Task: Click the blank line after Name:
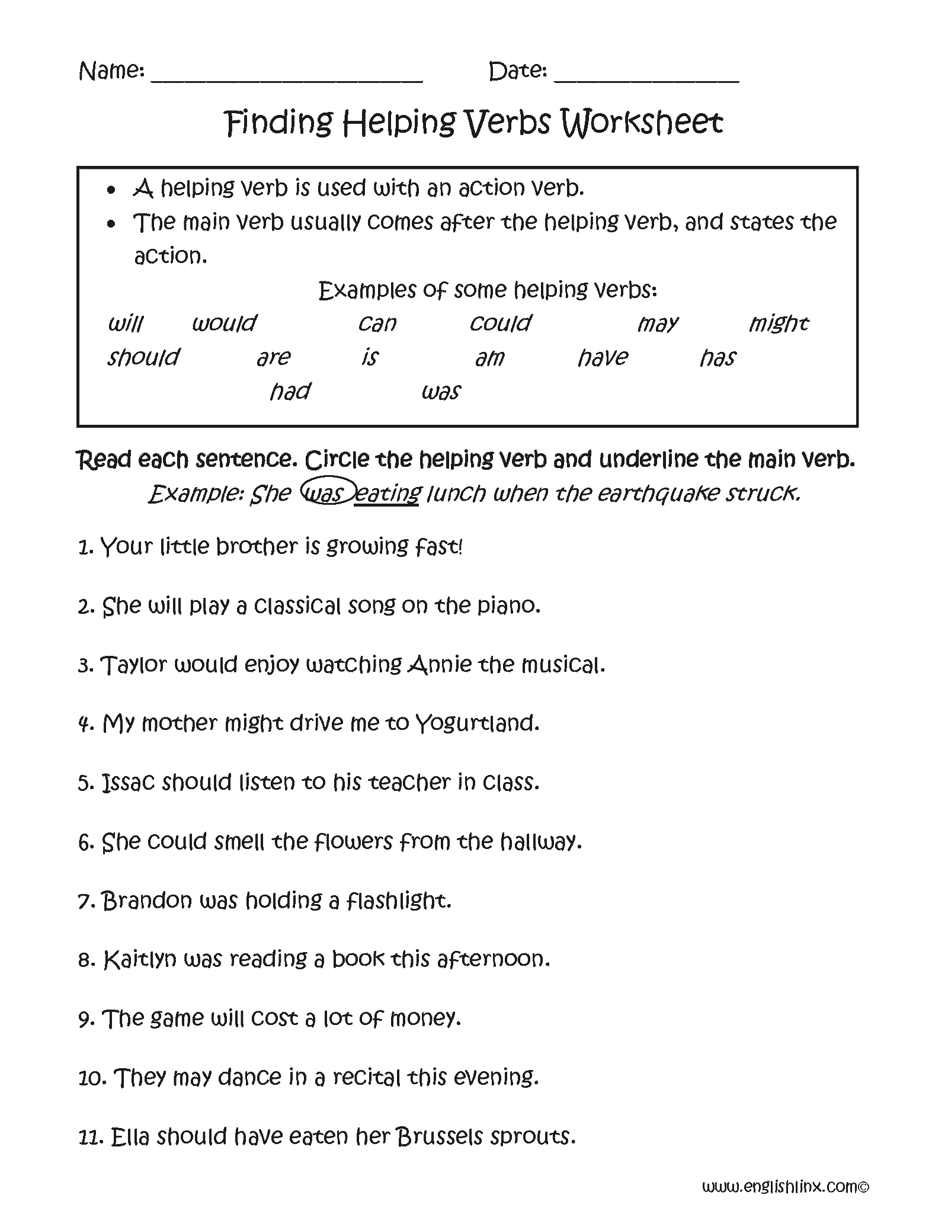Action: pos(287,79)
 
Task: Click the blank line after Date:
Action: pos(646,79)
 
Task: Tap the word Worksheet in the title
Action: pos(642,123)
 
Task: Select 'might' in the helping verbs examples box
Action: pos(778,323)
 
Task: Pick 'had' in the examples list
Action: pos(290,392)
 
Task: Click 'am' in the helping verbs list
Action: pos(489,358)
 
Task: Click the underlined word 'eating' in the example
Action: pos(387,494)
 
